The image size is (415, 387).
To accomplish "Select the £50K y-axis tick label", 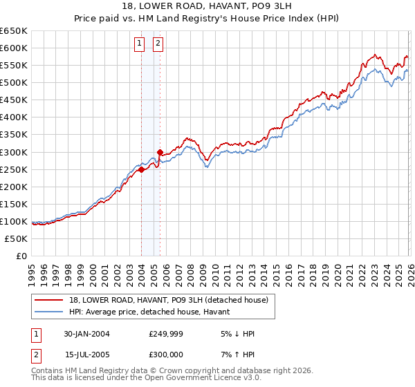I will tap(16, 238).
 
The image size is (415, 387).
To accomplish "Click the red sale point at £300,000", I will tap(160, 152).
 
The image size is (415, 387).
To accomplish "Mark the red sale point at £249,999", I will tap(142, 169).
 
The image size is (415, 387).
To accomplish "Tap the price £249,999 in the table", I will tap(164, 334).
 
